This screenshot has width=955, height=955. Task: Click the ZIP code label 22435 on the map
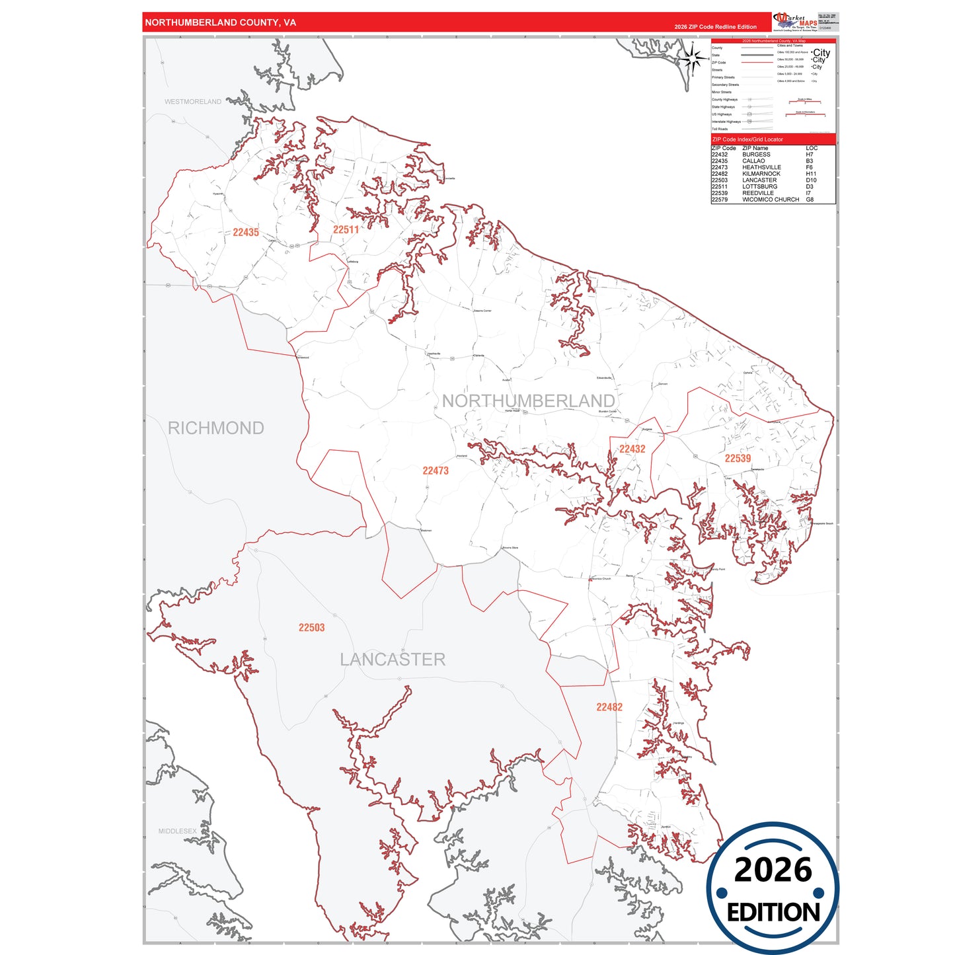click(246, 233)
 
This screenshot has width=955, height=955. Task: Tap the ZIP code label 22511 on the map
click(346, 230)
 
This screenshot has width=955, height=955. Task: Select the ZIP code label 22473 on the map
click(436, 471)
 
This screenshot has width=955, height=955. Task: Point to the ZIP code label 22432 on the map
click(632, 449)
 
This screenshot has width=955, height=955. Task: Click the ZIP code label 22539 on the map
click(738, 459)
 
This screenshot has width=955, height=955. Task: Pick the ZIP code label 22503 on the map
click(311, 628)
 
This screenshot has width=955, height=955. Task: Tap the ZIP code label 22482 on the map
click(609, 707)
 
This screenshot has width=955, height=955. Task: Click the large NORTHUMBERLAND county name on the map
click(528, 401)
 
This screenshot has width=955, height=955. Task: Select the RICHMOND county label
click(215, 428)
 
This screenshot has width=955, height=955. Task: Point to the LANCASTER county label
click(393, 660)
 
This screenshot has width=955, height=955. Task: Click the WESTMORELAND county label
click(193, 102)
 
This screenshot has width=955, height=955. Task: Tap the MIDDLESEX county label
click(177, 831)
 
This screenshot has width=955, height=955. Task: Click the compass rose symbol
click(693, 59)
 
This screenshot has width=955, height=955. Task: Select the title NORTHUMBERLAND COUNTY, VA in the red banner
click(220, 22)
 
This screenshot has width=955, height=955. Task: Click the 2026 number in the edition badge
click(773, 870)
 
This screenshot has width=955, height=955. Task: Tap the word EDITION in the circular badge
click(773, 913)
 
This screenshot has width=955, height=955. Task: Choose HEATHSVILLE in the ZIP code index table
click(761, 167)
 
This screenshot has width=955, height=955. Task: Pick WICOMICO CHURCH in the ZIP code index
click(771, 200)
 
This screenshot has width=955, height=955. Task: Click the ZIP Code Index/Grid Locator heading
click(747, 139)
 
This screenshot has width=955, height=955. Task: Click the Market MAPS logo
click(795, 21)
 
